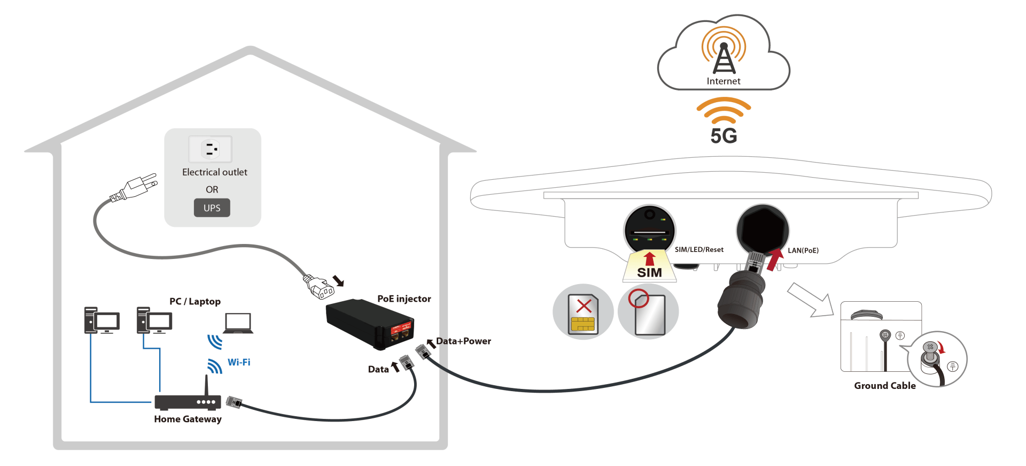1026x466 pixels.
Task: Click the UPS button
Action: pyautogui.click(x=212, y=208)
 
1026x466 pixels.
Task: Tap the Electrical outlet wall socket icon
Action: pyautogui.click(x=211, y=149)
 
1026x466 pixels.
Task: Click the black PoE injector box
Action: pyautogui.click(x=369, y=323)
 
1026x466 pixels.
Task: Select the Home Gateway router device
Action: pyautogui.click(x=188, y=401)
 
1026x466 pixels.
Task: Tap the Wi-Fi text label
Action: pyautogui.click(x=239, y=362)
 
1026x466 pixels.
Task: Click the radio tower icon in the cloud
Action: pyautogui.click(x=724, y=54)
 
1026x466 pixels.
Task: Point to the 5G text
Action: pyautogui.click(x=724, y=136)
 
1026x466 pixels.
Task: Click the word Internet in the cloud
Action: pyautogui.click(x=724, y=81)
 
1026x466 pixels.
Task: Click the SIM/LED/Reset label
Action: pyautogui.click(x=699, y=250)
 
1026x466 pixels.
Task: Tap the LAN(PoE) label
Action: pyautogui.click(x=803, y=250)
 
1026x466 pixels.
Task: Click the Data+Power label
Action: pyautogui.click(x=463, y=341)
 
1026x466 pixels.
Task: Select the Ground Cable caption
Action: pyautogui.click(x=884, y=386)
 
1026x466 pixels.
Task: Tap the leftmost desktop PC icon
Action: pyautogui.click(x=102, y=320)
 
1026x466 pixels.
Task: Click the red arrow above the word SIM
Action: pyautogui.click(x=649, y=259)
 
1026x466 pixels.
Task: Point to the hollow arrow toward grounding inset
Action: pyautogui.click(x=810, y=300)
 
